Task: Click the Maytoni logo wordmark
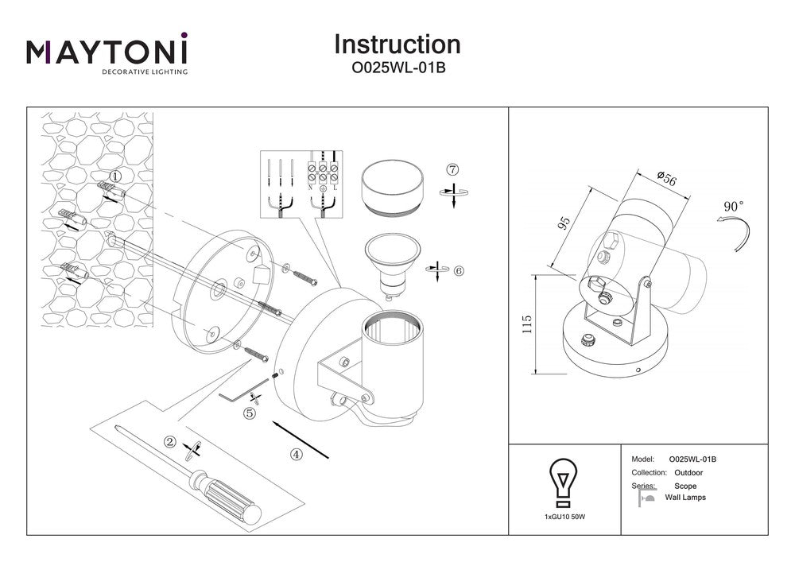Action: click(107, 52)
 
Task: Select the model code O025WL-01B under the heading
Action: click(397, 68)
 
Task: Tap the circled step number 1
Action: click(115, 176)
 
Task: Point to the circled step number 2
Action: click(169, 442)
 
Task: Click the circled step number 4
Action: click(297, 455)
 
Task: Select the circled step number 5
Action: click(249, 413)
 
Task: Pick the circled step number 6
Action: click(459, 270)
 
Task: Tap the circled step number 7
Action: click(452, 169)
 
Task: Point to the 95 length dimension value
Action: click(565, 222)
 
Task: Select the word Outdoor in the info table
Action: click(688, 472)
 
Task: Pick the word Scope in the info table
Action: click(685, 486)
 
